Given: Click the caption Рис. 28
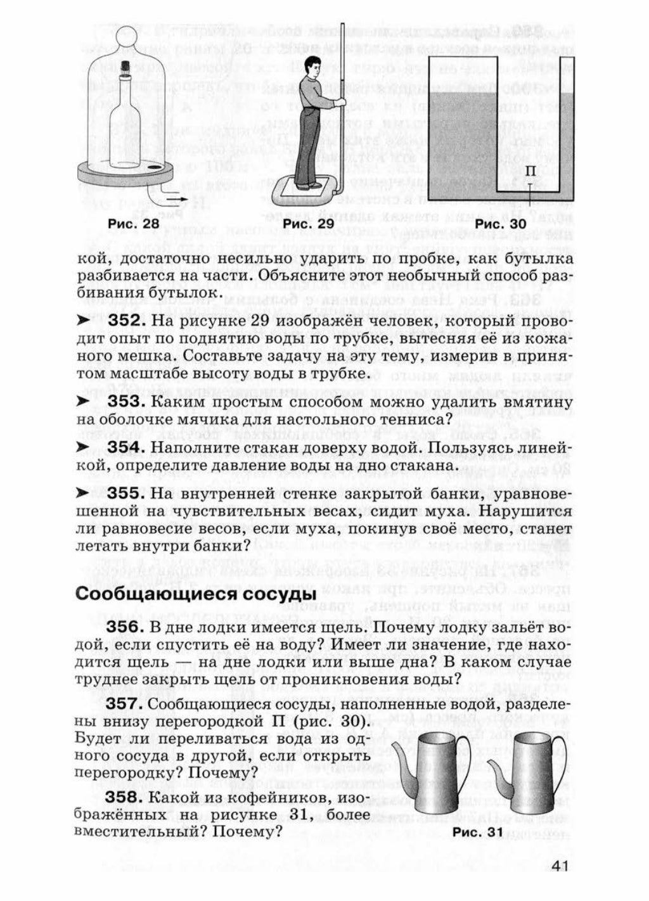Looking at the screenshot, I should [x=133, y=224].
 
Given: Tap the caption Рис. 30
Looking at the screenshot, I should [x=501, y=224].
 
